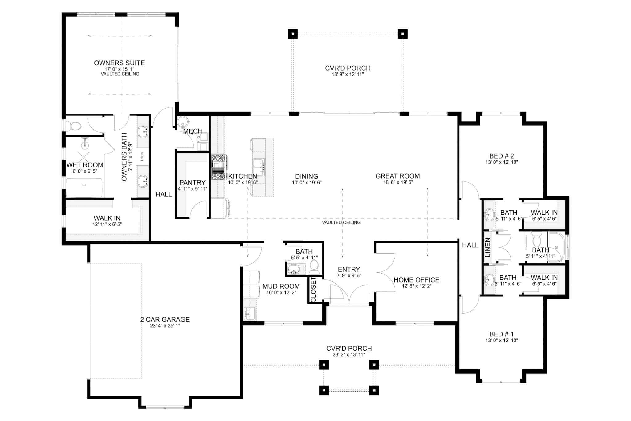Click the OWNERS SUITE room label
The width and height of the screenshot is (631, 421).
pyautogui.click(x=119, y=63)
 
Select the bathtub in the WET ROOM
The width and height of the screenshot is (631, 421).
pyautogui.click(x=84, y=188)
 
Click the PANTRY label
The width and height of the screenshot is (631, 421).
pyautogui.click(x=192, y=183)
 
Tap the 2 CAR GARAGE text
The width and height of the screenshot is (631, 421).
pyautogui.click(x=165, y=320)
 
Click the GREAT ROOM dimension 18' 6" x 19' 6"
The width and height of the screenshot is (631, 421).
pyautogui.click(x=397, y=182)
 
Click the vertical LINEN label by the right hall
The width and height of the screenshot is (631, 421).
pyautogui.click(x=487, y=247)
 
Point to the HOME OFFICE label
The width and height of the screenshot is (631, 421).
pyautogui.click(x=416, y=280)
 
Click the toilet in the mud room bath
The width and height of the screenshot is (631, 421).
pyautogui.click(x=314, y=266)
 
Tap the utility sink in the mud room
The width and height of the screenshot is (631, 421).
pyautogui.click(x=249, y=314)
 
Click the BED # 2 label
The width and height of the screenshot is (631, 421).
pyautogui.click(x=501, y=156)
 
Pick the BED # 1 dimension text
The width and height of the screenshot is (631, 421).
pyautogui.click(x=501, y=341)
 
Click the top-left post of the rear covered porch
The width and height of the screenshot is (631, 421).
pyautogui.click(x=293, y=34)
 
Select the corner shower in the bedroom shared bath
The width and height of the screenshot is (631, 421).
pyautogui.click(x=557, y=247)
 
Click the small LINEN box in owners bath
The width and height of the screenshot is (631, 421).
pyautogui.click(x=142, y=157)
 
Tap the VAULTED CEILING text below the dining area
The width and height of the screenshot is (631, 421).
pyautogui.click(x=341, y=222)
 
